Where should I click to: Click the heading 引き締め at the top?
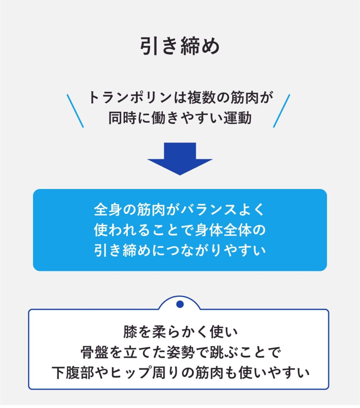click(180, 46)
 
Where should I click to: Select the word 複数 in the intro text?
click(198, 98)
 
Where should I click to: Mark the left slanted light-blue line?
click(75, 111)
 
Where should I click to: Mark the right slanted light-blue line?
click(282, 111)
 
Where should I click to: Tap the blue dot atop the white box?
click(180, 304)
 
